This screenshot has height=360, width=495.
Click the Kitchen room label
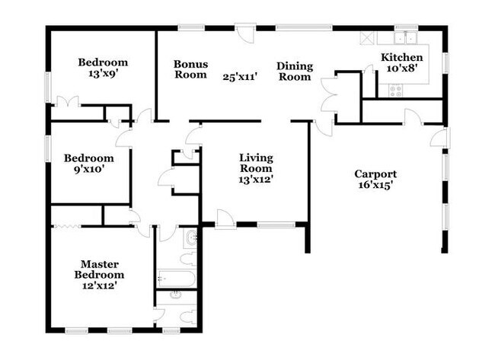(402, 57)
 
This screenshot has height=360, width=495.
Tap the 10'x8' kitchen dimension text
(402, 68)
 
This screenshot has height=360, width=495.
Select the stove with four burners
(396, 91)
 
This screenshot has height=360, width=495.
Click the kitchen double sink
(405, 38)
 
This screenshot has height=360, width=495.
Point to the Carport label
(375, 174)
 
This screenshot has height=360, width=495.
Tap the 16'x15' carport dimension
(375, 185)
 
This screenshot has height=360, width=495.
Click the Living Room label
(256, 163)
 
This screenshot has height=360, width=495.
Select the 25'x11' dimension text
(238, 77)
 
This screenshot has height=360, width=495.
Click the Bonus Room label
(190, 69)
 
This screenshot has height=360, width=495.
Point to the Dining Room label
(295, 72)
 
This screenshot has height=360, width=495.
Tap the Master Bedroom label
(100, 269)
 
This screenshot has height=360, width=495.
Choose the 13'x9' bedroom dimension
(104, 74)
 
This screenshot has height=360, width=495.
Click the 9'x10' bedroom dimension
(89, 170)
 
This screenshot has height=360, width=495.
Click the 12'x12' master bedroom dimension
(100, 285)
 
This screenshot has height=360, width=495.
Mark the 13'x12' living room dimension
(256, 180)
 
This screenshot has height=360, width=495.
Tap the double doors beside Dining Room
(329, 94)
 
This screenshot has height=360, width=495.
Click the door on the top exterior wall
(245, 33)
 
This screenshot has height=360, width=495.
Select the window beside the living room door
(276, 225)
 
